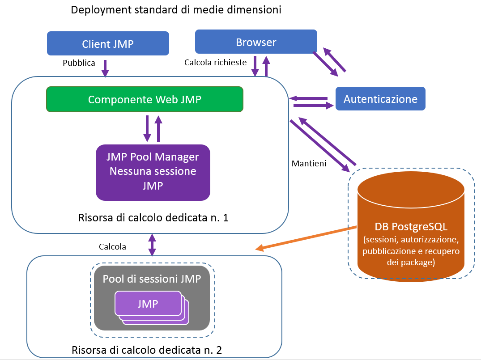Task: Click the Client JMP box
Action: tap(108, 43)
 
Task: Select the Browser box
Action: tap(256, 42)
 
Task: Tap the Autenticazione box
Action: tap(380, 99)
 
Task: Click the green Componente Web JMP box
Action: tap(145, 99)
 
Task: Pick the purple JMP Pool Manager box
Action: tap(153, 172)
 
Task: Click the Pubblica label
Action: tap(79, 63)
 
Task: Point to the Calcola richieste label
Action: tap(215, 63)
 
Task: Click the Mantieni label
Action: tap(309, 163)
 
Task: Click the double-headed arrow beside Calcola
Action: tap(152, 245)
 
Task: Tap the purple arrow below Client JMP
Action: tap(106, 68)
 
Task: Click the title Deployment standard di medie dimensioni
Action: tap(176, 10)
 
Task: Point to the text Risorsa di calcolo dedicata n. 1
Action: tap(153, 218)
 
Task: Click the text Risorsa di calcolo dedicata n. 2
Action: tap(147, 349)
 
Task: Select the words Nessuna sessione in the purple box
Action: tap(153, 171)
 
